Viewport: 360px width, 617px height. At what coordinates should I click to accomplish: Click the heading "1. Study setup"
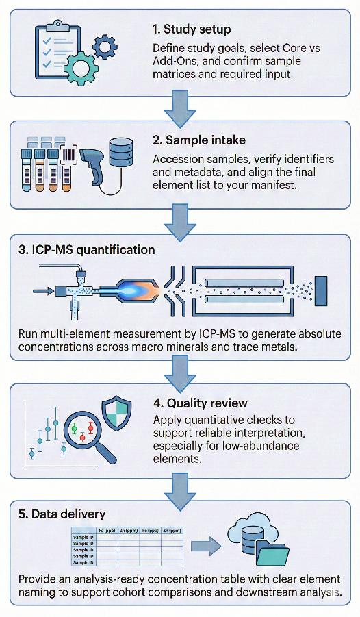coord(192,29)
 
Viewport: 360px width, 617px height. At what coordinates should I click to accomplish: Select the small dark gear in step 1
coord(104,47)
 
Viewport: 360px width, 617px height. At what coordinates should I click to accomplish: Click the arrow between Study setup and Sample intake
coord(180,111)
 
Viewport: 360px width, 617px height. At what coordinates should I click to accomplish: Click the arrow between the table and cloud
coord(205,546)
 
